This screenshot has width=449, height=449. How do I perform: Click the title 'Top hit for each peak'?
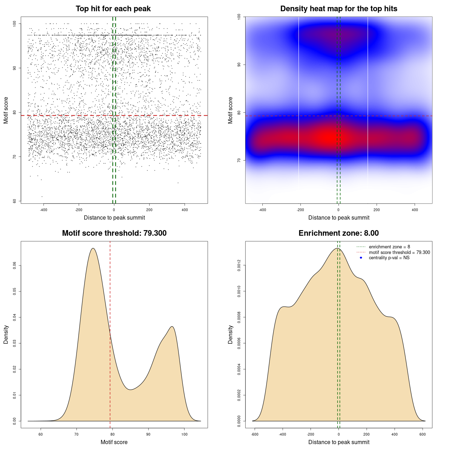pyautogui.click(x=113, y=9)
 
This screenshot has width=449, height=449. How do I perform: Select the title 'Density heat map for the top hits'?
pyautogui.click(x=339, y=9)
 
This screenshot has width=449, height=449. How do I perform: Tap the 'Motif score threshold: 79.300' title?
pyautogui.click(x=114, y=233)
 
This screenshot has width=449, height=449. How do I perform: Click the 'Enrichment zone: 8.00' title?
pyautogui.click(x=339, y=233)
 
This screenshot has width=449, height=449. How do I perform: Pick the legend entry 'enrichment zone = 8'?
pyautogui.click(x=389, y=247)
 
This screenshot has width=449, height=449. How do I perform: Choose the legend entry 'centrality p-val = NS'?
pyautogui.click(x=389, y=258)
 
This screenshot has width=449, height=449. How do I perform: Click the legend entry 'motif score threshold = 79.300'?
pyautogui.click(x=399, y=253)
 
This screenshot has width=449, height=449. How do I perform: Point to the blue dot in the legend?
pyautogui.click(x=361, y=258)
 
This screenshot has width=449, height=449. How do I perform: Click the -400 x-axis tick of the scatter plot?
pyautogui.click(x=43, y=210)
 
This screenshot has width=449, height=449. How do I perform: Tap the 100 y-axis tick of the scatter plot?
pyautogui.click(x=15, y=24)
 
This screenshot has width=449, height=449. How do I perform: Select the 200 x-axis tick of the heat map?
pyautogui.click(x=376, y=210)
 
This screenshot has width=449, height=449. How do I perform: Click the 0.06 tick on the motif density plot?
pyautogui.click(x=15, y=266)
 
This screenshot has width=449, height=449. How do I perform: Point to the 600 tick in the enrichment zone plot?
pyautogui.click(x=422, y=434)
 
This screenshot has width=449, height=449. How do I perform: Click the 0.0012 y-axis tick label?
pyautogui.click(x=239, y=266)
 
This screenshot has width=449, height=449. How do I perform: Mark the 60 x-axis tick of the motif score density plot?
pyautogui.click(x=41, y=434)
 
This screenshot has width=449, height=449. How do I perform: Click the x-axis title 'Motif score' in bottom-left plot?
pyautogui.click(x=114, y=442)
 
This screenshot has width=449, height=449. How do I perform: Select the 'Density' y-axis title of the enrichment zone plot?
pyautogui.click(x=230, y=334)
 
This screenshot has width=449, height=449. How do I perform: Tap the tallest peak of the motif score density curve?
pyautogui.click(x=93, y=248)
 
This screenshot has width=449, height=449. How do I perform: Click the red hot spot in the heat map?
pyautogui.click(x=330, y=137)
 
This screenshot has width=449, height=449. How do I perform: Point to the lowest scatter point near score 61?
pyautogui.click(x=42, y=196)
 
